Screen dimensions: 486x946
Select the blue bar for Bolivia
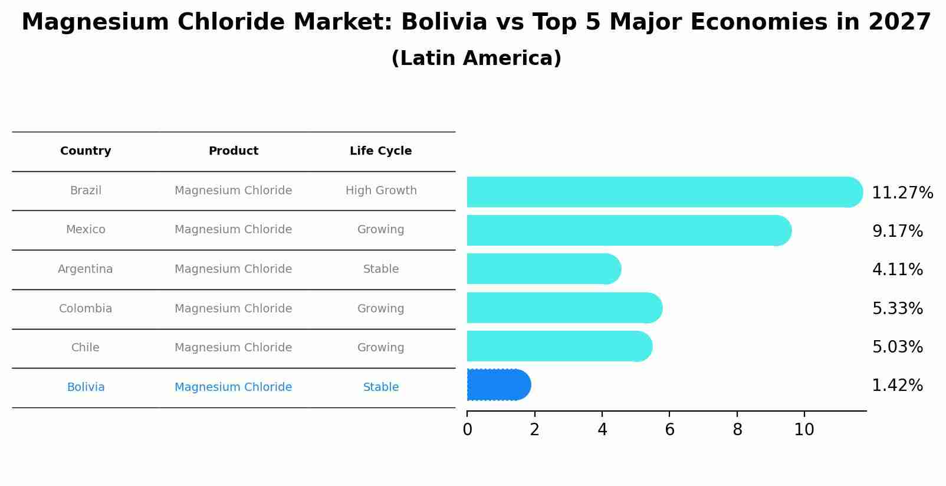pyautogui.click(x=498, y=385)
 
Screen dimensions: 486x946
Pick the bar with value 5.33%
pyautogui.click(x=564, y=308)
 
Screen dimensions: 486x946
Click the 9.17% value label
pyautogui.click(x=897, y=231)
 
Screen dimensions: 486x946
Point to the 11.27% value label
pyautogui.click(x=902, y=193)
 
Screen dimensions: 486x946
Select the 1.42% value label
pyautogui.click(x=897, y=386)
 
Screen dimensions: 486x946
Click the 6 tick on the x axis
pyautogui.click(x=669, y=430)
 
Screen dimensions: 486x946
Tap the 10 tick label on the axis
pyautogui.click(x=804, y=430)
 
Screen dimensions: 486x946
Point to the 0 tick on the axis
pyautogui.click(x=467, y=430)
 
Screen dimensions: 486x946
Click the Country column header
pyautogui.click(x=86, y=151)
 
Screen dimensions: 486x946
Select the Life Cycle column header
pyautogui.click(x=380, y=151)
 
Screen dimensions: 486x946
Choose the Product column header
pyautogui.click(x=233, y=151)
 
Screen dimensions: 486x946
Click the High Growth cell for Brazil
pyautogui.click(x=380, y=191)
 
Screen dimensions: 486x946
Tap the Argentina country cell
pyautogui.click(x=86, y=269)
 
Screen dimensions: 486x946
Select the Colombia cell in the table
pyautogui.click(x=86, y=309)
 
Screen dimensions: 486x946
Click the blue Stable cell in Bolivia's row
pyautogui.click(x=380, y=387)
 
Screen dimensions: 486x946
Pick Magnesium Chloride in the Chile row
pyautogui.click(x=233, y=348)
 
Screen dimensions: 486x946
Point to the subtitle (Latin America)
pyautogui.click(x=476, y=58)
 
